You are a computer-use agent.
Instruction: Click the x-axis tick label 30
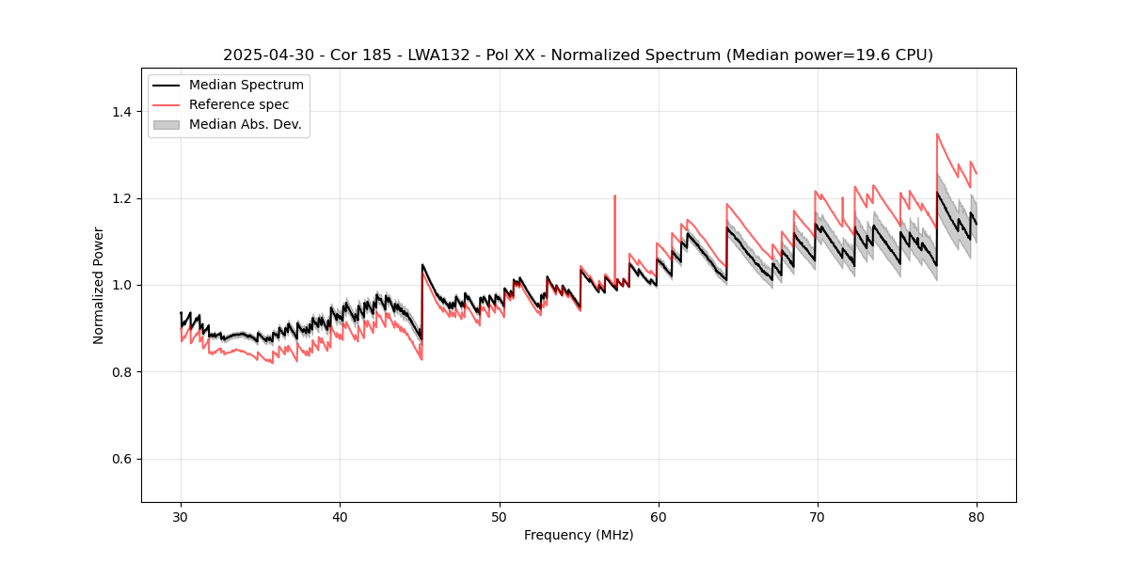click(x=181, y=516)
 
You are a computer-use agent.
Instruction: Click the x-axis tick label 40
click(x=340, y=516)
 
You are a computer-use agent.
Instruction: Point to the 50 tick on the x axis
click(x=499, y=516)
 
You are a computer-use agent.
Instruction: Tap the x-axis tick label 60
click(x=658, y=516)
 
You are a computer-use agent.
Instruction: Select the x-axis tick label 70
click(x=817, y=516)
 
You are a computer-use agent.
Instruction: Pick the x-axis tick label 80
click(x=976, y=516)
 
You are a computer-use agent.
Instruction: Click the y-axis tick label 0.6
click(x=122, y=459)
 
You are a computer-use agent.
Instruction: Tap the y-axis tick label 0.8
click(x=122, y=372)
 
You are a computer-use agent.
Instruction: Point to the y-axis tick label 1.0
click(x=122, y=285)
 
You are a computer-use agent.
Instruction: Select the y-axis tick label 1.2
click(x=122, y=198)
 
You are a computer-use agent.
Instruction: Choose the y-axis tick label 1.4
click(x=122, y=112)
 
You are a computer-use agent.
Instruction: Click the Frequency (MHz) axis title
click(x=579, y=535)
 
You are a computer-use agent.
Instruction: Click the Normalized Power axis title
click(x=99, y=285)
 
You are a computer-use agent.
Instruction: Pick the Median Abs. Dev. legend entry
click(x=245, y=124)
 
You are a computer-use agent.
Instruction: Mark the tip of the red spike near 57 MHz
click(x=614, y=196)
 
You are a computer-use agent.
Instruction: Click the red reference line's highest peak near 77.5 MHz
click(x=937, y=133)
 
